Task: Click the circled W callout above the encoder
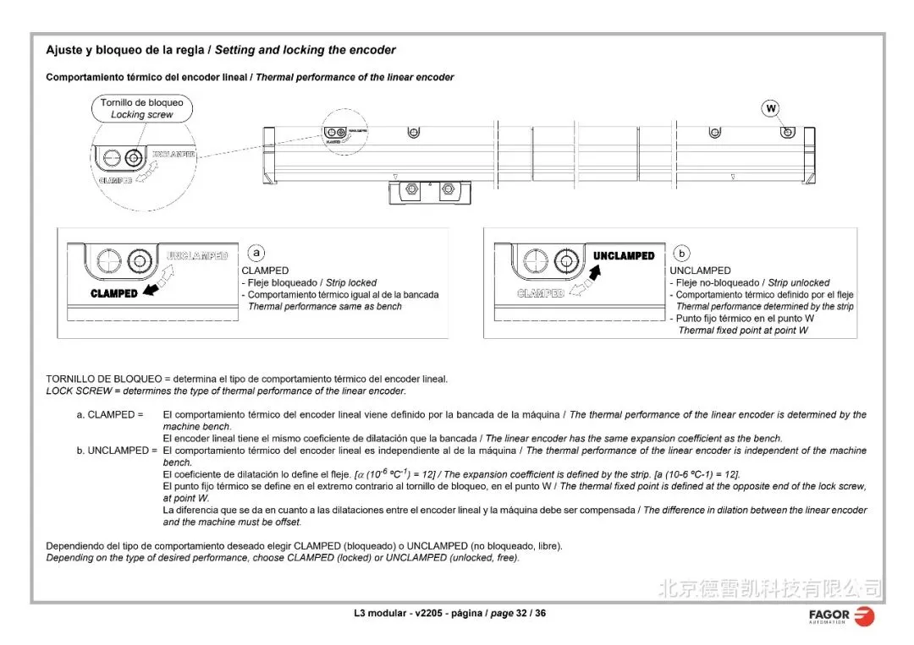771,108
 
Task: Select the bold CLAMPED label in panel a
114,293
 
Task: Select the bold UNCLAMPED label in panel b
624,256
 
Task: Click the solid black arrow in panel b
597,271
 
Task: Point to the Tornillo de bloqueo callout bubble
141,108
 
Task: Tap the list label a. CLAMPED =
110,415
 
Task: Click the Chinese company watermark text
769,587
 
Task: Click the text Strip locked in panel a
350,282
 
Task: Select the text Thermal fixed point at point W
743,331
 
